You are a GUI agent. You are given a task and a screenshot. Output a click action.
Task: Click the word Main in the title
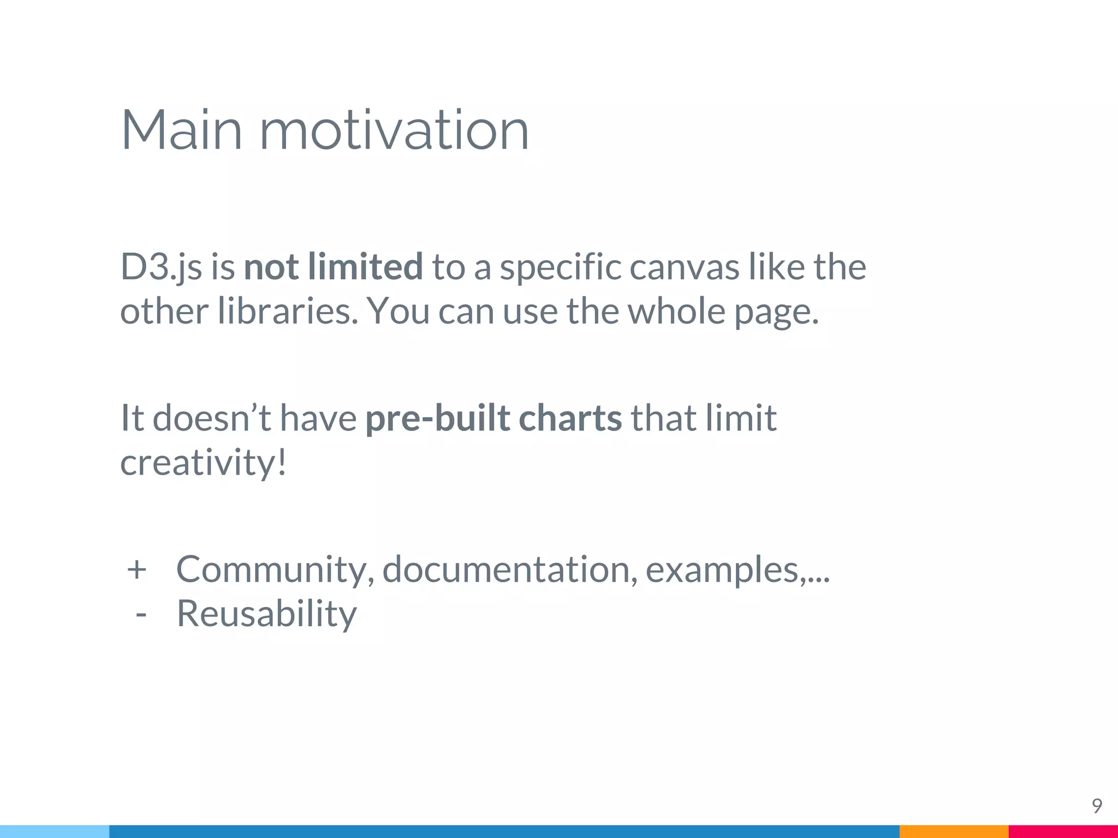tap(181, 130)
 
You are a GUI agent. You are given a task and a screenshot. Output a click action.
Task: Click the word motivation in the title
tap(394, 130)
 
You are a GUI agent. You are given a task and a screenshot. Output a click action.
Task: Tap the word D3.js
tap(161, 267)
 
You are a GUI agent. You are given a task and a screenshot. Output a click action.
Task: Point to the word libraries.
tap(288, 312)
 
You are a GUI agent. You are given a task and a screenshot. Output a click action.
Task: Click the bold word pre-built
tap(437, 419)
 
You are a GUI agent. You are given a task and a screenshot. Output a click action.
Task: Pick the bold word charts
tap(570, 418)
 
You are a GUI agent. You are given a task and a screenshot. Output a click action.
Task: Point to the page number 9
tap(1097, 806)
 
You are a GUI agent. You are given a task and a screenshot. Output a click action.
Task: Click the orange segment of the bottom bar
tap(953, 831)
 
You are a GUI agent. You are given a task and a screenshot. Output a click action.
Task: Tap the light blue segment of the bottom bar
tap(55, 831)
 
